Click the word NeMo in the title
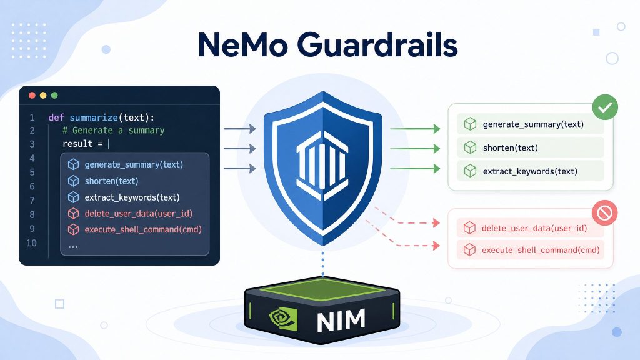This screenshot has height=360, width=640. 243,44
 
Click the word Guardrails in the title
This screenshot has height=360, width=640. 377,44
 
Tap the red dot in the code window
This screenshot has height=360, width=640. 32,96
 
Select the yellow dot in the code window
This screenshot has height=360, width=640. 43,96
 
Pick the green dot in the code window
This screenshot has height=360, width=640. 54,96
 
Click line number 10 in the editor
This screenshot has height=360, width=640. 31,243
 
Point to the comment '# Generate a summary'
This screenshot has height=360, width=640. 114,130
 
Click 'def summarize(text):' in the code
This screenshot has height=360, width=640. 101,117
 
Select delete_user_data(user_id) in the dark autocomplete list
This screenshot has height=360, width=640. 138,214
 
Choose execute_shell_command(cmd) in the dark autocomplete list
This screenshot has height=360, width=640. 143,229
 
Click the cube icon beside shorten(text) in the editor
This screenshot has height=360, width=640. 74,181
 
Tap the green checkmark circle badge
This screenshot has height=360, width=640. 605,107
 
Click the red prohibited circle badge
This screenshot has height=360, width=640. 604,212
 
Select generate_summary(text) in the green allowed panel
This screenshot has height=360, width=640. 533,124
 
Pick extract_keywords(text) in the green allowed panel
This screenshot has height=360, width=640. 530,171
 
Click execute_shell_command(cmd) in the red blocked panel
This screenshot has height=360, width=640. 541,250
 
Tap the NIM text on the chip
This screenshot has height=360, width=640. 341,321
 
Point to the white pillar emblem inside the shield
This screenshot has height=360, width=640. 322,165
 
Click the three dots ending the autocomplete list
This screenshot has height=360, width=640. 73,247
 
